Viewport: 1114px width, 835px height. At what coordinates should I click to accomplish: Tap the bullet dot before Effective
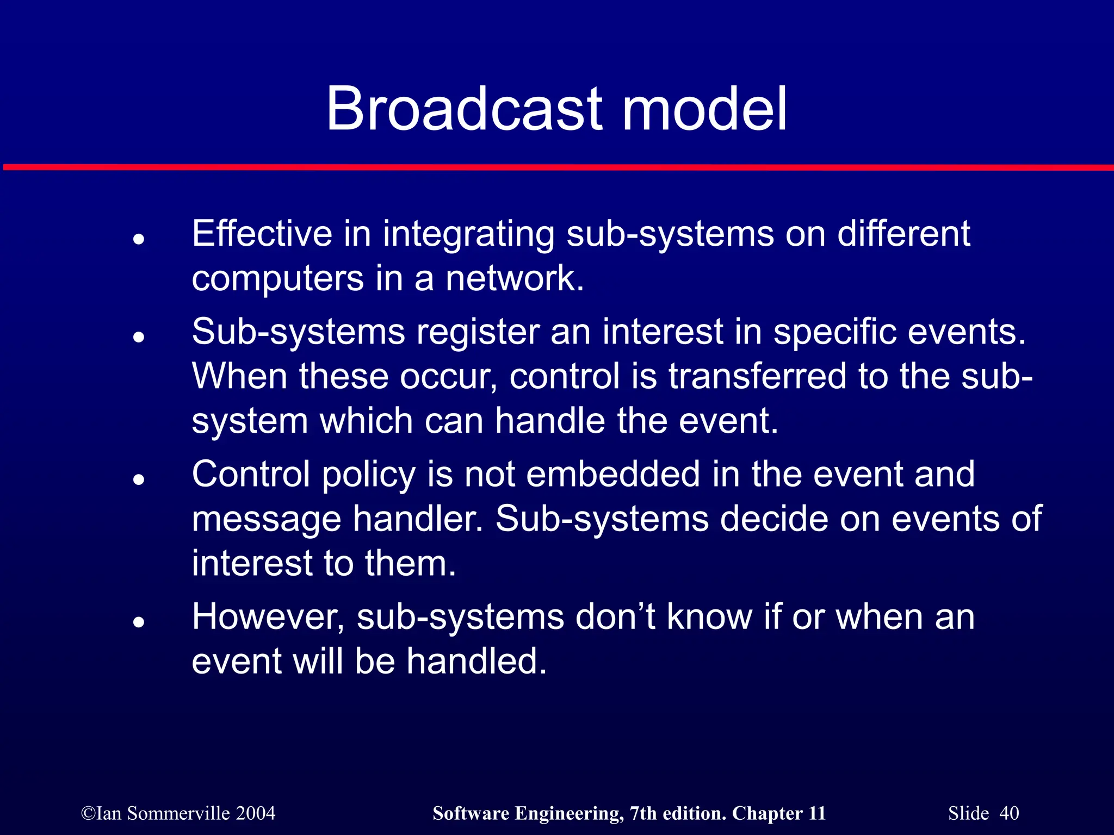click(139, 239)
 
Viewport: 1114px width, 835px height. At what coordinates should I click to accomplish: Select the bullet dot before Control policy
click(139, 479)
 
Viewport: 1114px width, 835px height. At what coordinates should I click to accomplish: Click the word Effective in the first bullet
click(262, 234)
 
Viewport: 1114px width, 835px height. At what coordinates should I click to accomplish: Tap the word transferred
click(757, 376)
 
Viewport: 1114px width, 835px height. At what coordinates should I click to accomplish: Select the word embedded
click(613, 474)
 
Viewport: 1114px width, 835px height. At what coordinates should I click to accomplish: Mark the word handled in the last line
click(476, 662)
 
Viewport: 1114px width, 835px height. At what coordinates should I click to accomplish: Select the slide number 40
click(1009, 813)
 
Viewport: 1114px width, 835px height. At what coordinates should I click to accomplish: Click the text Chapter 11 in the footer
click(779, 813)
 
